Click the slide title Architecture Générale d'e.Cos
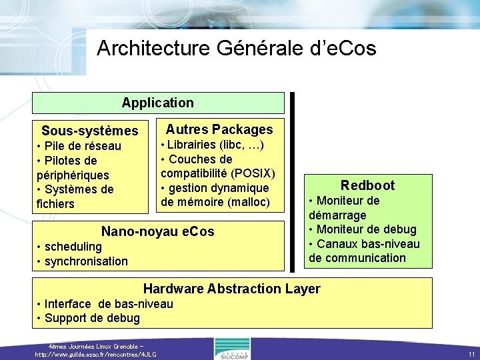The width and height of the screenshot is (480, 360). click(x=236, y=48)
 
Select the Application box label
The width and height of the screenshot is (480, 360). click(x=158, y=103)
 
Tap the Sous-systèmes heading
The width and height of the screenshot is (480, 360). click(x=89, y=131)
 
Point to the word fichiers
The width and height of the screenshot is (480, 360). click(x=55, y=203)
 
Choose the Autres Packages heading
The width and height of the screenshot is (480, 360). click(x=219, y=129)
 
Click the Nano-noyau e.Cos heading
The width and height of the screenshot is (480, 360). click(x=157, y=231)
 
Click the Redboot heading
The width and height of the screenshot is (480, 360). click(x=367, y=185)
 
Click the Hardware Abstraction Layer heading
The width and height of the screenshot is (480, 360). click(x=231, y=289)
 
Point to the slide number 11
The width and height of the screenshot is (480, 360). click(x=471, y=354)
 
